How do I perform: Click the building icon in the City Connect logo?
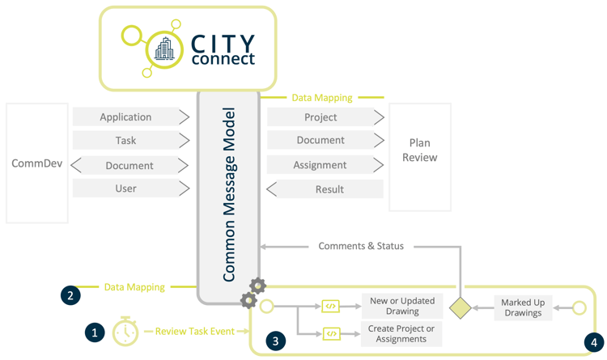(x=163, y=48)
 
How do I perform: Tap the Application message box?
(x=125, y=117)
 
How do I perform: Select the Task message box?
(x=125, y=141)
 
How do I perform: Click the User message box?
(x=125, y=188)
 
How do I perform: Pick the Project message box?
(x=320, y=117)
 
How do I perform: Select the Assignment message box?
(x=320, y=165)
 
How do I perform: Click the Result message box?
(x=329, y=189)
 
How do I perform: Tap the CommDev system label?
(x=36, y=163)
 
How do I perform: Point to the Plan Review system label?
(x=419, y=150)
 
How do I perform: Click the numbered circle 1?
(x=95, y=332)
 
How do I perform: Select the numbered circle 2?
(x=70, y=295)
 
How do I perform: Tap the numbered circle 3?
(x=275, y=341)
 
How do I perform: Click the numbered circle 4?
(x=592, y=341)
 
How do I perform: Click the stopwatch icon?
(x=125, y=331)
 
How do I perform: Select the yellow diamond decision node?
(x=461, y=307)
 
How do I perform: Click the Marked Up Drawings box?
(x=523, y=308)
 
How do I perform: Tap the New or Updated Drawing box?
(x=401, y=306)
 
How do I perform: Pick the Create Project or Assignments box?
(x=401, y=333)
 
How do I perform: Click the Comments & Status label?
(x=360, y=246)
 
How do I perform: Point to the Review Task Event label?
(x=194, y=331)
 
